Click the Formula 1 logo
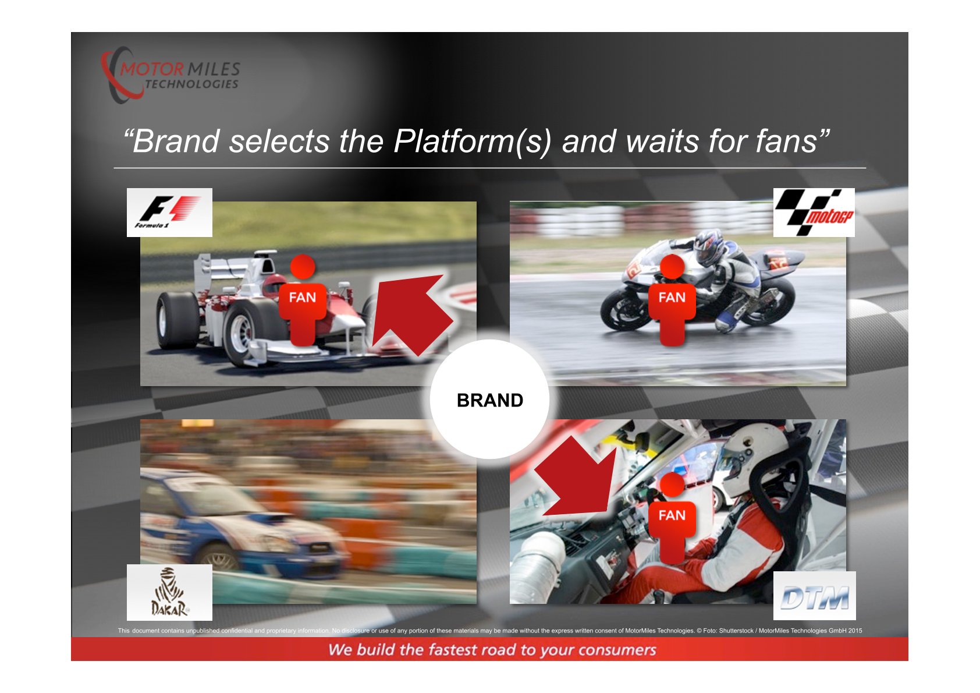coord(169,213)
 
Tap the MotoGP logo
coord(814,213)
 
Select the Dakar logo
coord(169,592)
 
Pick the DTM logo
coord(814,596)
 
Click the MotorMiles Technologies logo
coord(171,75)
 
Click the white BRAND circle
coord(489,399)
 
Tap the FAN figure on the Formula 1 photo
coord(302,300)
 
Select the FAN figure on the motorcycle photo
coord(672,300)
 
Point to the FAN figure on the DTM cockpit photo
coord(672,518)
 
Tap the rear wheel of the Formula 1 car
coord(177,320)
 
